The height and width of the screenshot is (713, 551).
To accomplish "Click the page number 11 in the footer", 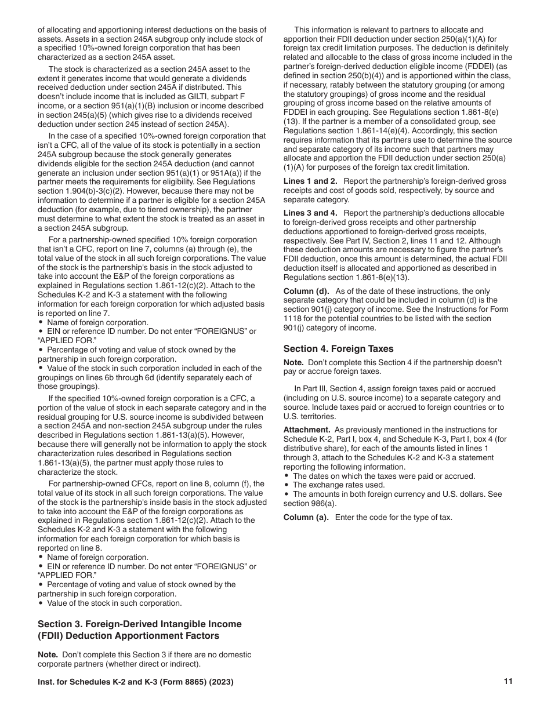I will (x=508, y=682).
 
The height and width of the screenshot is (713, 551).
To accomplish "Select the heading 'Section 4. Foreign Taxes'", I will (x=338, y=348).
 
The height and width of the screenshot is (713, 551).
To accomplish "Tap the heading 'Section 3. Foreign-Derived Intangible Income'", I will (x=139, y=624).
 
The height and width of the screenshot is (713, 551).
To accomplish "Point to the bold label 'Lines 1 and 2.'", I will (x=310, y=181).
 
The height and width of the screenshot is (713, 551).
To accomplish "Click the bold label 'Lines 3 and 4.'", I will (x=310, y=213).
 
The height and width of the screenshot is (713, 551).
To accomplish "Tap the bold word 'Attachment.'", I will (x=307, y=430).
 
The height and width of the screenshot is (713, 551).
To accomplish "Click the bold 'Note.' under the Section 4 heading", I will (x=293, y=362).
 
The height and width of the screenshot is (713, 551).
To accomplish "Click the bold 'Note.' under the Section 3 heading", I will (x=48, y=654).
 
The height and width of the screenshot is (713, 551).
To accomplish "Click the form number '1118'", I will (x=293, y=318).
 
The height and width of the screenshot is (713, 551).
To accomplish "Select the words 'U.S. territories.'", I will (x=310, y=416).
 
